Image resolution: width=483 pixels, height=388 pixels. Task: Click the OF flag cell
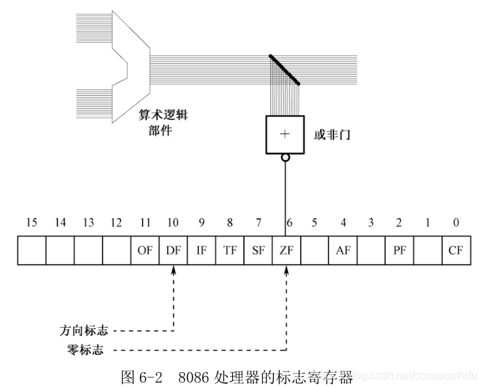pyautogui.click(x=145, y=251)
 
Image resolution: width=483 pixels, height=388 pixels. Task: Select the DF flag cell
pyautogui.click(x=173, y=251)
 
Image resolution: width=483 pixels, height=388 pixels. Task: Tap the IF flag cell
pyautogui.click(x=202, y=251)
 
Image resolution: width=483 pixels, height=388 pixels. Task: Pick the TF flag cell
pyautogui.click(x=229, y=251)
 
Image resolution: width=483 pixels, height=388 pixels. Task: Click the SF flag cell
pyautogui.click(x=258, y=251)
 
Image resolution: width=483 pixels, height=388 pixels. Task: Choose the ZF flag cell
pyautogui.click(x=286, y=251)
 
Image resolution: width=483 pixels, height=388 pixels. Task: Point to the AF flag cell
pyautogui.click(x=342, y=251)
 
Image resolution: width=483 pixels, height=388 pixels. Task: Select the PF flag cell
pyautogui.click(x=399, y=251)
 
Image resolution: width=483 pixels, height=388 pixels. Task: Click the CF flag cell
pyautogui.click(x=455, y=251)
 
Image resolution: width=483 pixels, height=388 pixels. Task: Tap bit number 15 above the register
pyautogui.click(x=31, y=223)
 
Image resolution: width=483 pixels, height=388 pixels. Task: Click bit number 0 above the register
pyautogui.click(x=456, y=223)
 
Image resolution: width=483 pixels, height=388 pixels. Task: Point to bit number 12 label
pyautogui.click(x=116, y=223)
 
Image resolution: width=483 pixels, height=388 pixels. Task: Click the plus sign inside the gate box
pyautogui.click(x=284, y=134)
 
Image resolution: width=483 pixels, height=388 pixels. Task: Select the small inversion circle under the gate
pyautogui.click(x=285, y=157)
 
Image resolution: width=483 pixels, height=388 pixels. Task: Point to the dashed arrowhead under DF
pyautogui.click(x=173, y=271)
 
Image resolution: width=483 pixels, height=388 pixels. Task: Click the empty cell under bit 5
pyautogui.click(x=315, y=251)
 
